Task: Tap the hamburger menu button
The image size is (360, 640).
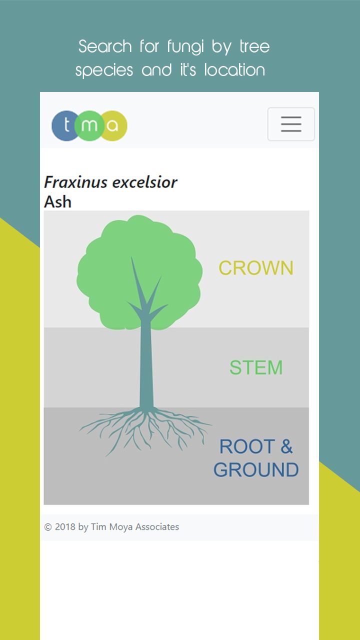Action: pos(291,124)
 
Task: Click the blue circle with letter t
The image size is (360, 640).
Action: pos(65,125)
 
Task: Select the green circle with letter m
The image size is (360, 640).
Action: pos(89,125)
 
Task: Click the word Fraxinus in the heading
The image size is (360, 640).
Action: pos(75,182)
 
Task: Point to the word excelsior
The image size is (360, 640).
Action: pos(144,182)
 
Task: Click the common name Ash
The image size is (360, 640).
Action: pos(57,201)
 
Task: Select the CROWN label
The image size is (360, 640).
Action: pos(256,268)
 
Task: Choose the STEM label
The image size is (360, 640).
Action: pos(256,367)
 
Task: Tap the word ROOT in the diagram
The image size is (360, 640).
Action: pos(247,446)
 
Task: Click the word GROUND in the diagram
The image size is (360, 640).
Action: pos(256,469)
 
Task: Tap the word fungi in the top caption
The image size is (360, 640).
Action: pos(185,47)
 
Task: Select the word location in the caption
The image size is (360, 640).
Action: pos(234,70)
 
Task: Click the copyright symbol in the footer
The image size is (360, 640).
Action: pos(48,527)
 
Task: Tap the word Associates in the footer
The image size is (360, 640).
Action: pos(157,526)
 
